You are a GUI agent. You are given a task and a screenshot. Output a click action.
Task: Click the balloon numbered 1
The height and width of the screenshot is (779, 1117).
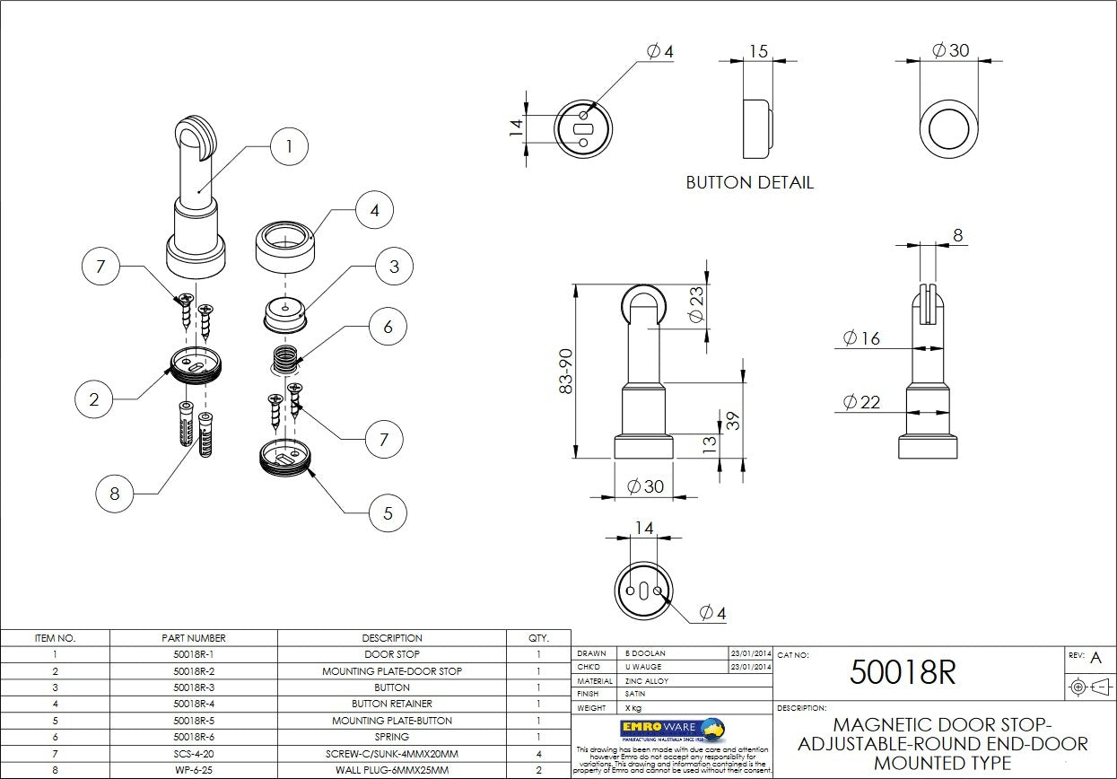tap(289, 146)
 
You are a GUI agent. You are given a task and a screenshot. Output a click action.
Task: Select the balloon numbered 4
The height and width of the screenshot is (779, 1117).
tap(374, 211)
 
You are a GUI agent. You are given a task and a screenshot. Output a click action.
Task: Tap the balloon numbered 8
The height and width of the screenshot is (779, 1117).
tap(114, 493)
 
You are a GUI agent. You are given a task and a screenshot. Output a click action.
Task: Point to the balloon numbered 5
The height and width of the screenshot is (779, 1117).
tap(388, 513)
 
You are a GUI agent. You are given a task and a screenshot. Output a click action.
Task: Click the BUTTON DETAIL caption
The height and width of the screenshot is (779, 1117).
tap(749, 182)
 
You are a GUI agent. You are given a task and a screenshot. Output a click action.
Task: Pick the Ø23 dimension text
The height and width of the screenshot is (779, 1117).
tap(695, 306)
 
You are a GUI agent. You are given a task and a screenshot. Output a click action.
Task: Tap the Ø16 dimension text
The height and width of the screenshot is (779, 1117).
tap(861, 338)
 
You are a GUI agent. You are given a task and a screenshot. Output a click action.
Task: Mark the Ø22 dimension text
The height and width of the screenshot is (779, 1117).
tap(861, 403)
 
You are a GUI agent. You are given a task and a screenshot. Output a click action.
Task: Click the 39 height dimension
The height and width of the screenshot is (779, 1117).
tap(733, 420)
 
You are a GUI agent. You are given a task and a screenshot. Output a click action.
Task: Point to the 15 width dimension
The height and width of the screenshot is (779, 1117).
tap(758, 51)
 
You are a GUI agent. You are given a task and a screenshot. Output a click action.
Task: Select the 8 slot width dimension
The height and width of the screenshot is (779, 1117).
tap(957, 235)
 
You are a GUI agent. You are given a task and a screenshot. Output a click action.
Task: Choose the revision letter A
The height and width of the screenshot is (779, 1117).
tap(1095, 658)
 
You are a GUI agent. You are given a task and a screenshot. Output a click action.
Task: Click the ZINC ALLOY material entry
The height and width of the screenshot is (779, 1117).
tap(646, 681)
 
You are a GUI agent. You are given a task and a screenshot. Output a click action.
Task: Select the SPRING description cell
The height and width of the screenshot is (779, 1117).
tap(392, 737)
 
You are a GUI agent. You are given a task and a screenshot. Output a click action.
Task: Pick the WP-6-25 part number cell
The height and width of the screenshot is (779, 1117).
tap(194, 770)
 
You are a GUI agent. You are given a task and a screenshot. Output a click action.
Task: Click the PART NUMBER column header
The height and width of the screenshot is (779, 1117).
tap(194, 638)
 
